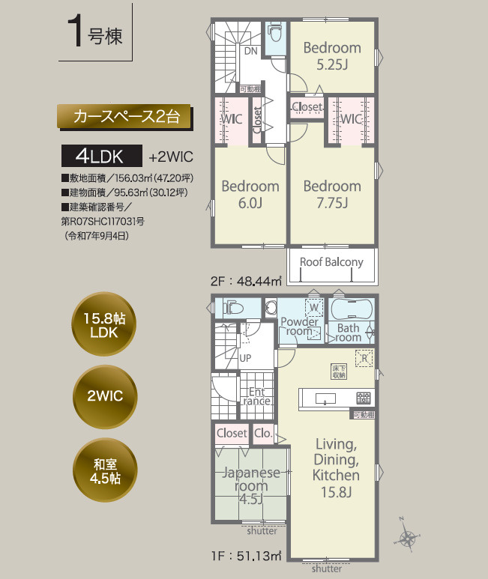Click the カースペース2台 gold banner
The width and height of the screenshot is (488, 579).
tap(125, 116)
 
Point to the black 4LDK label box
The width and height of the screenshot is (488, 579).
tap(102, 157)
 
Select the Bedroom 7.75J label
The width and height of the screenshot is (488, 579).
tap(332, 193)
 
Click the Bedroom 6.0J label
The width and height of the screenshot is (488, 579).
tap(250, 193)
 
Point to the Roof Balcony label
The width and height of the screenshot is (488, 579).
tap(331, 262)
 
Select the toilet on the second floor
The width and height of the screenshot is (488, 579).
tap(275, 34)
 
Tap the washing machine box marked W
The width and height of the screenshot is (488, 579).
tap(313, 307)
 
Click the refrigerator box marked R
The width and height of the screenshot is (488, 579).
tap(363, 357)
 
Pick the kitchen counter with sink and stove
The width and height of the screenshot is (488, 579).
tap(336, 398)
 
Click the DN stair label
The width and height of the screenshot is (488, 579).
tap(251, 51)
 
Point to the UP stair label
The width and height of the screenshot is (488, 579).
tap(245, 357)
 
